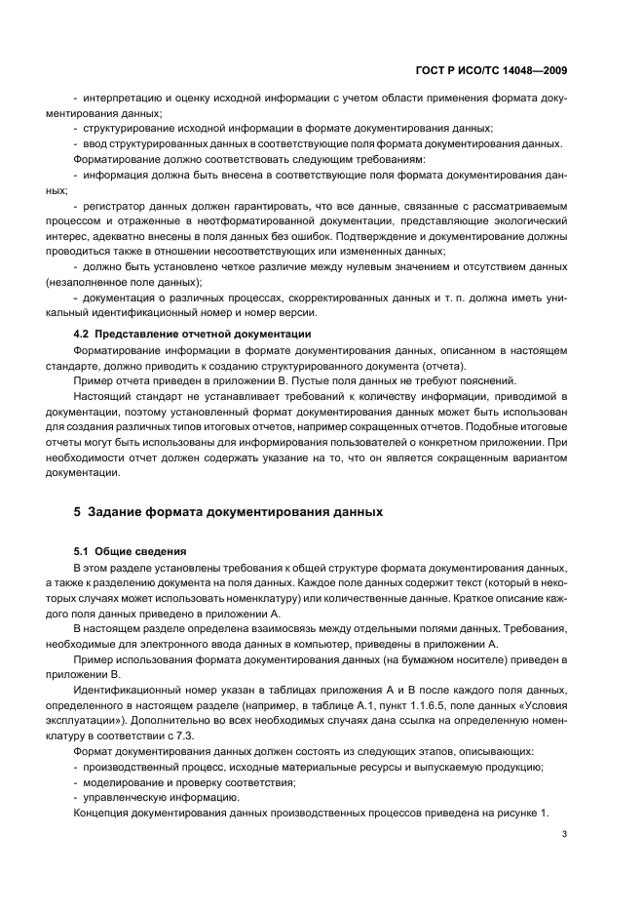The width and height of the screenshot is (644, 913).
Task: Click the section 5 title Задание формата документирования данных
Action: pyautogui.click(x=228, y=510)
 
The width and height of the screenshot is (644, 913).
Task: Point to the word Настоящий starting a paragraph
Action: pyautogui.click(x=105, y=397)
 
